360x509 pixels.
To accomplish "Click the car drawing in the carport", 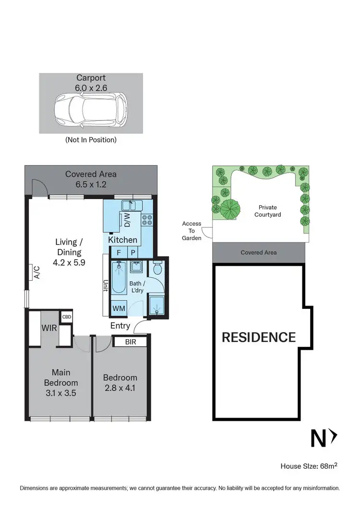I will (x=91, y=110).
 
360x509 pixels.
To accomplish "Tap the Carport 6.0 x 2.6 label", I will (x=91, y=83).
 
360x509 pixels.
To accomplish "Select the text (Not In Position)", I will (x=91, y=140).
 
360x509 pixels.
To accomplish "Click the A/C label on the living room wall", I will (x=36, y=272).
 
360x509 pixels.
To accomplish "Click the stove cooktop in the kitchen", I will (x=147, y=220).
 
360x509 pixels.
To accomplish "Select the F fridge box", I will (x=118, y=252).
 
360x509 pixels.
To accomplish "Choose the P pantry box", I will (x=132, y=252).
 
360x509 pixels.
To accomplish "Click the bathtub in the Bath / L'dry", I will (x=118, y=277).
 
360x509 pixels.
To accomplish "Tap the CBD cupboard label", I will (x=66, y=317).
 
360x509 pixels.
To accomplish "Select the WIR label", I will (x=49, y=329).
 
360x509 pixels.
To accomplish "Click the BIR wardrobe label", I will (x=130, y=342).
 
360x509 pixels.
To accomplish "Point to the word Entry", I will (x=120, y=326).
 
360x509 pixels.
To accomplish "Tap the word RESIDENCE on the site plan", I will (x=258, y=337).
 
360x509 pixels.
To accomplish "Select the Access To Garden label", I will (x=192, y=231).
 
